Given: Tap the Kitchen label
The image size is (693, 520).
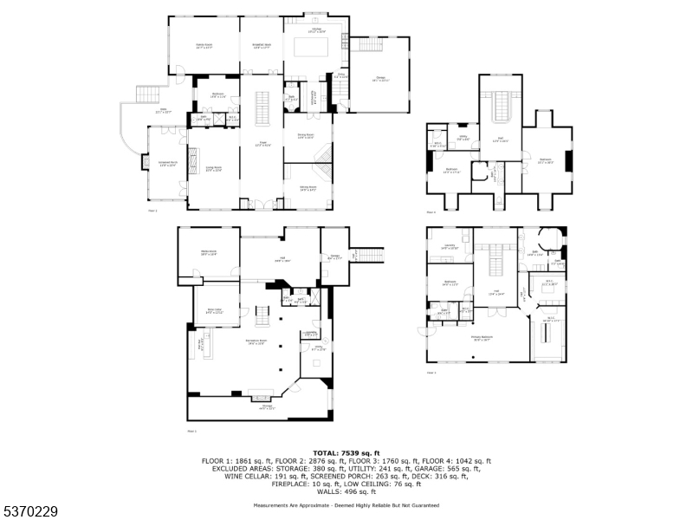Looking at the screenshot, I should [x=317, y=30].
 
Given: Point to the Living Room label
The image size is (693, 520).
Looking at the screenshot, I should [x=213, y=169].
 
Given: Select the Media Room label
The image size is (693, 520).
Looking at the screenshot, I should [x=209, y=254].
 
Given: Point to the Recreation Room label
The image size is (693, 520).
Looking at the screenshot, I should [x=254, y=341].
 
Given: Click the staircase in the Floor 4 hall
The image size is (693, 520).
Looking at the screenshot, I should [x=501, y=107].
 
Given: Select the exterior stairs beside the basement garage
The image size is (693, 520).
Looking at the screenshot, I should [x=370, y=255].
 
